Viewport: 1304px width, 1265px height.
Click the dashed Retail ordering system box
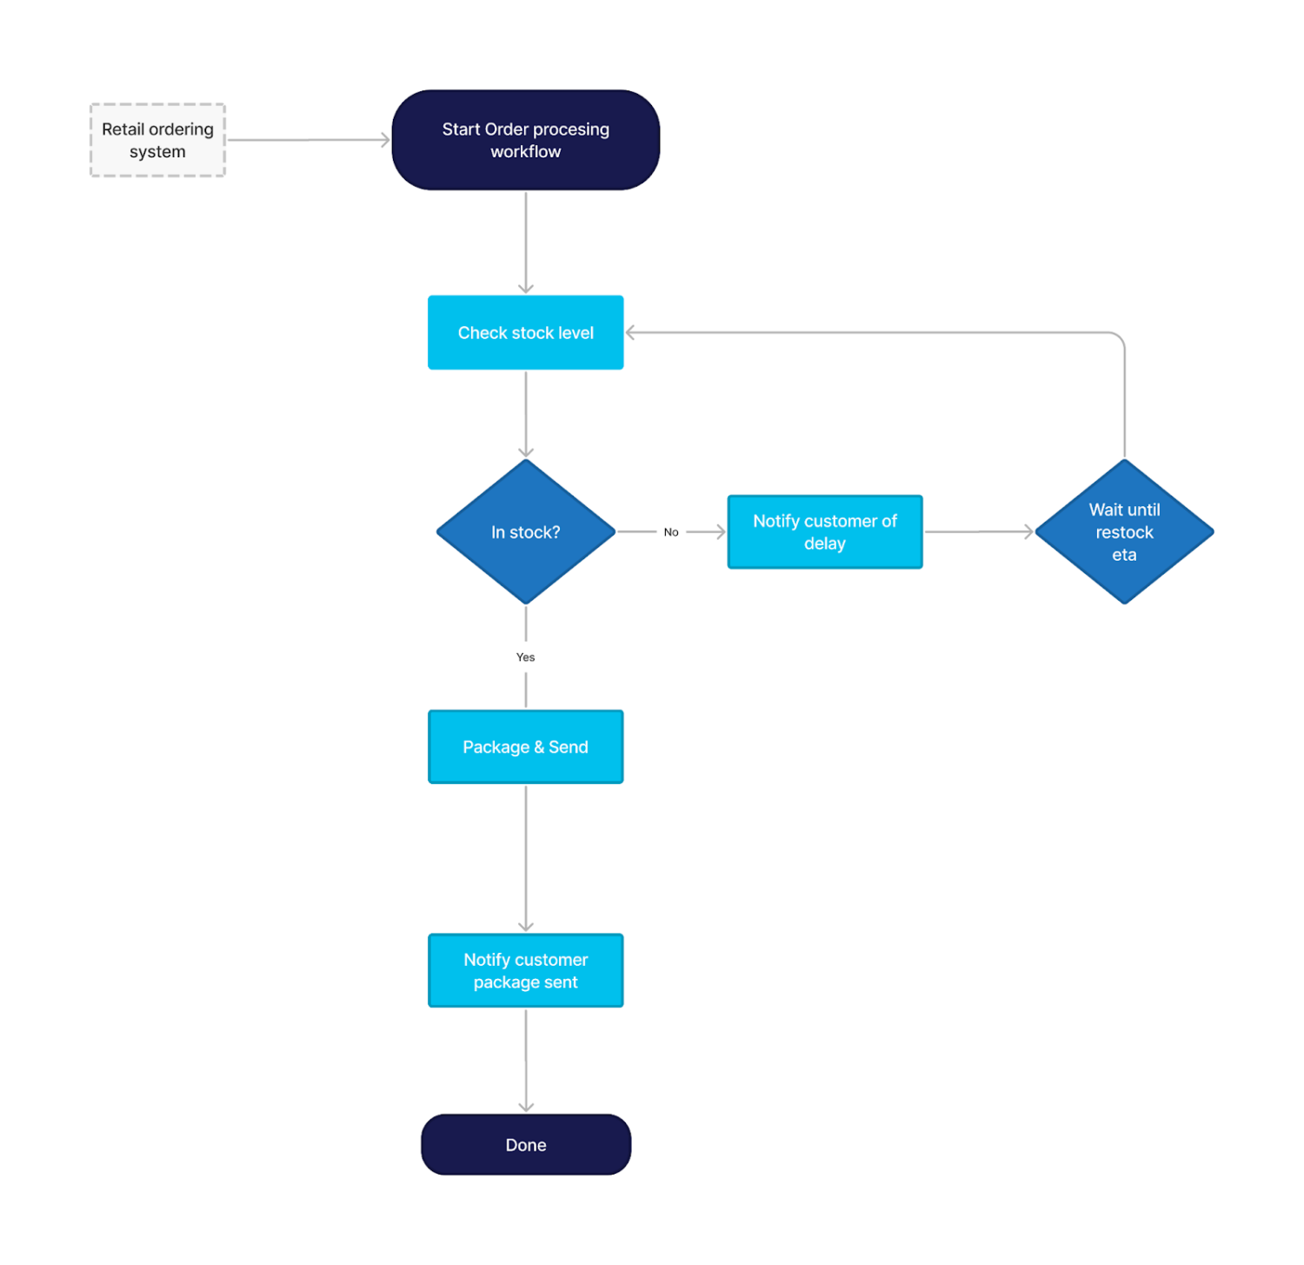[157, 140]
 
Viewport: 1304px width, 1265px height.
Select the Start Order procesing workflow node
[525, 140]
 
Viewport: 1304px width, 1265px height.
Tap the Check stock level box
[525, 333]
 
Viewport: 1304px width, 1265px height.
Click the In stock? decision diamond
[525, 532]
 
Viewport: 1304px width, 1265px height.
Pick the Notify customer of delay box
[824, 532]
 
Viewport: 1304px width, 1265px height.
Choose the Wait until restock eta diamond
[1123, 532]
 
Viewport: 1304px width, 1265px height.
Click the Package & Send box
[525, 747]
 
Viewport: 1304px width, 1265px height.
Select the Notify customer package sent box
[525, 970]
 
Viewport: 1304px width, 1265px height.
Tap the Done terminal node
[525, 1145]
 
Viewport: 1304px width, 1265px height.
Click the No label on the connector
[671, 532]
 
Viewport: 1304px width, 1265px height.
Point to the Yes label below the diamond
[525, 657]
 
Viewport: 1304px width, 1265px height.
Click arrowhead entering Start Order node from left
[386, 140]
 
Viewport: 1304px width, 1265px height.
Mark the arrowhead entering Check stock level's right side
[630, 333]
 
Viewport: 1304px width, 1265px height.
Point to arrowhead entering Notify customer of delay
[721, 532]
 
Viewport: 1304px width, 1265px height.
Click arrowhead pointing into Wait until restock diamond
[1028, 532]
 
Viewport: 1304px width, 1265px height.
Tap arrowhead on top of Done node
[525, 1107]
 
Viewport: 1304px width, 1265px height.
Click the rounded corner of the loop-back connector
[1119, 337]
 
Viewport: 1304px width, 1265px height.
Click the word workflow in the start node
[525, 152]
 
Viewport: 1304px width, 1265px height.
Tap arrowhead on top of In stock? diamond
[525, 452]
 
